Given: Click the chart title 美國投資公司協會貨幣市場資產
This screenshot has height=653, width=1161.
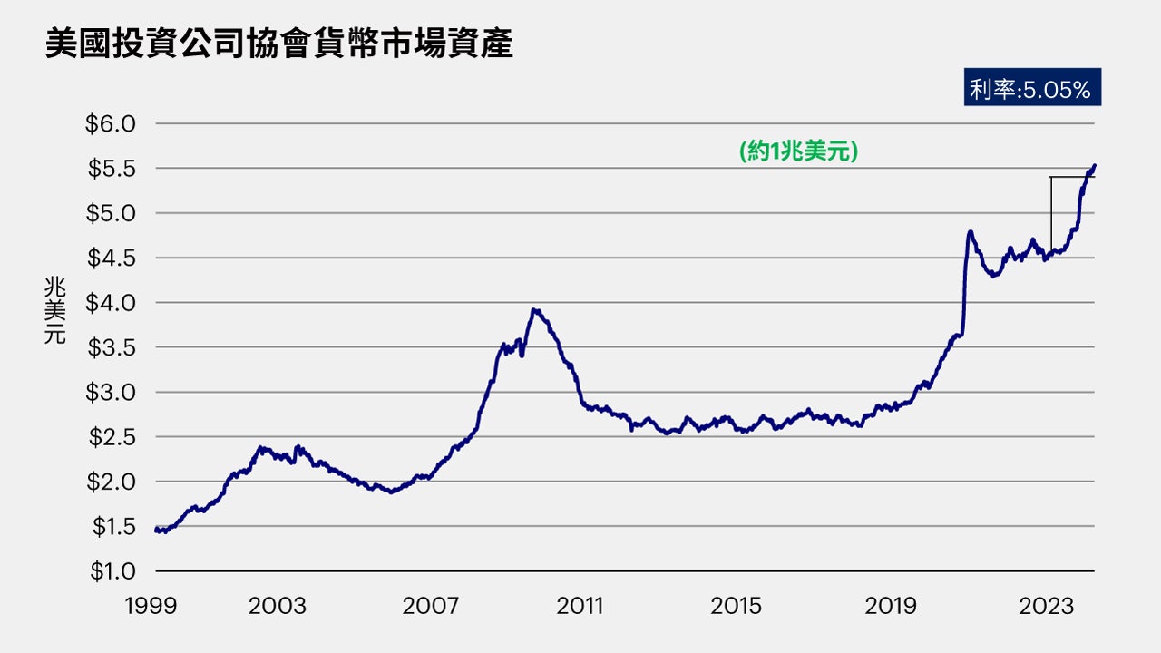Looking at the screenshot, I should click(278, 43).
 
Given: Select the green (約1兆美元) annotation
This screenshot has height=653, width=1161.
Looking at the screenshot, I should click(798, 151).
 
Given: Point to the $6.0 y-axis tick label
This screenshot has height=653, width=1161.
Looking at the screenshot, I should click(110, 123).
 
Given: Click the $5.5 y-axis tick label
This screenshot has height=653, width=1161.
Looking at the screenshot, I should click(110, 168).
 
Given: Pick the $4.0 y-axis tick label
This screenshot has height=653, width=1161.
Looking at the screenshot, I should click(110, 303).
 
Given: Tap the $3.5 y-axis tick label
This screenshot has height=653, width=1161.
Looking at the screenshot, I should click(110, 347).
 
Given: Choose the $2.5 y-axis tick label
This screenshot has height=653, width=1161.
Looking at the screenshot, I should click(110, 437).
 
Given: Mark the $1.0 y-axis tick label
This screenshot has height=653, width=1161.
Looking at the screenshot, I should click(110, 571).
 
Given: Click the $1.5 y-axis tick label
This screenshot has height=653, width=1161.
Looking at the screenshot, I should click(110, 527).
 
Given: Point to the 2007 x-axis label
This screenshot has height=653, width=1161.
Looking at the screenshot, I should click(431, 605).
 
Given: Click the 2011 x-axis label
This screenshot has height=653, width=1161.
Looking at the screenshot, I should click(580, 605).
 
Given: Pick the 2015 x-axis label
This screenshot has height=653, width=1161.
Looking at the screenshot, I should click(736, 605).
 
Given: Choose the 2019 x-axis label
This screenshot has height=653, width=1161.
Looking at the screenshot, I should click(890, 605).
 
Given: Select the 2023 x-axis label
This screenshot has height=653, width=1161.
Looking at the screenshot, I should click(1045, 605).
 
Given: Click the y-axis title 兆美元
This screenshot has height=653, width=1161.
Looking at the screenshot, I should click(55, 312).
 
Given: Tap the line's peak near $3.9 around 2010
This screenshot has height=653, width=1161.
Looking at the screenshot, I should click(535, 310).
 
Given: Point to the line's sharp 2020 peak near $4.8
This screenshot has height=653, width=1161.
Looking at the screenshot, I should click(971, 232).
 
